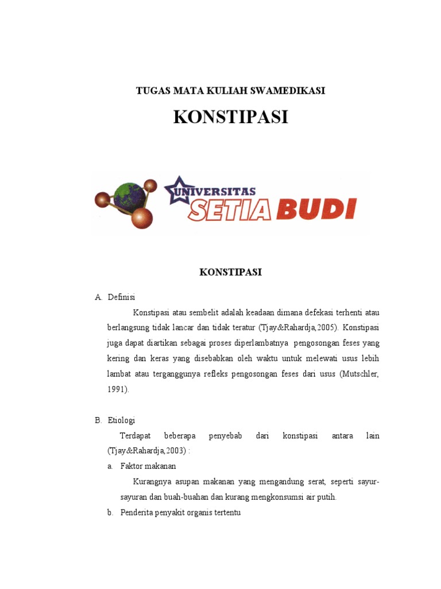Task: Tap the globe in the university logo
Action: (130, 195)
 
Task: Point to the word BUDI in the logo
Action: (316, 209)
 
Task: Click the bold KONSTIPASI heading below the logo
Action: (230, 272)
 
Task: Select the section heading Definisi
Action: (121, 297)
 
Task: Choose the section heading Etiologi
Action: (121, 420)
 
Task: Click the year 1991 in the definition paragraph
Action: (117, 389)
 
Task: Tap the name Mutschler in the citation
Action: (360, 374)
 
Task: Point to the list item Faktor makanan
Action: (148, 466)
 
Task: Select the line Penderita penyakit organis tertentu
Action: (180, 512)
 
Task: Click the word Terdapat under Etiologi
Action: (134, 436)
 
